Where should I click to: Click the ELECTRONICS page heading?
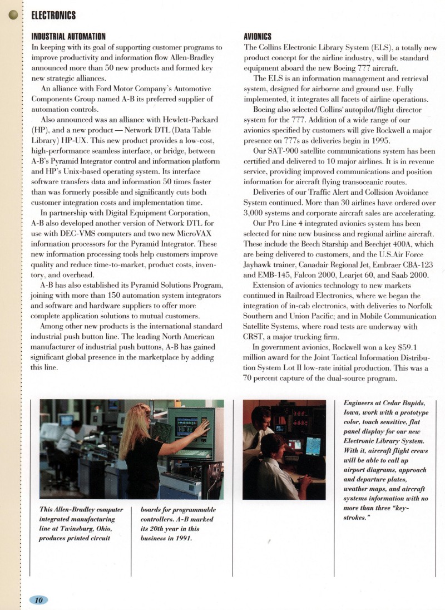(53, 15)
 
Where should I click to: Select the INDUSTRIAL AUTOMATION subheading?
(68, 37)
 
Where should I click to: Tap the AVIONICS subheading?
(258, 37)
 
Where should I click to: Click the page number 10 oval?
(38, 599)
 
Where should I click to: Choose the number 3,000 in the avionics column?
(257, 213)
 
